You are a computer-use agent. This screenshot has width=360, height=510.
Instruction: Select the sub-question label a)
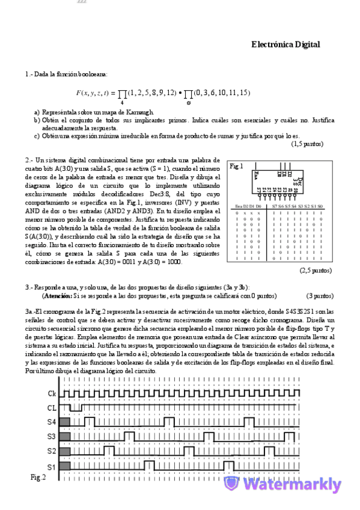(37, 112)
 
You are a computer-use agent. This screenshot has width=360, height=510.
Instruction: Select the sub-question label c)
(37, 136)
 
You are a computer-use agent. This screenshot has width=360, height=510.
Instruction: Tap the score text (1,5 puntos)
(307, 144)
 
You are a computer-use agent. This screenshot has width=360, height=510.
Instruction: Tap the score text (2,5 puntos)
(315, 270)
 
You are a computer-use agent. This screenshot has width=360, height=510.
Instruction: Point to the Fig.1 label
(237, 166)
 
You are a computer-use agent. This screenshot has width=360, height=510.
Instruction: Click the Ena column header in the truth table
(239, 206)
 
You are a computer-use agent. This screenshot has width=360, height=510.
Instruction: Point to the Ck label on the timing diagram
(52, 393)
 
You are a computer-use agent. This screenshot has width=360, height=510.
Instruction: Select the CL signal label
(52, 407)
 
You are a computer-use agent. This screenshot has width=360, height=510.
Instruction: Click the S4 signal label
(52, 422)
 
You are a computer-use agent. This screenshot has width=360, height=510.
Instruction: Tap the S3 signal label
(52, 436)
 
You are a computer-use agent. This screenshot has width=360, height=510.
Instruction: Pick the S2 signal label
(52, 450)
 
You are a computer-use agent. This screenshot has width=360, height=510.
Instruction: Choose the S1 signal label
(52, 465)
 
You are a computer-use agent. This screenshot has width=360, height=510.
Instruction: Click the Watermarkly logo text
(293, 485)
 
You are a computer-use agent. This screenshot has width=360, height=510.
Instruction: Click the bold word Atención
(56, 296)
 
